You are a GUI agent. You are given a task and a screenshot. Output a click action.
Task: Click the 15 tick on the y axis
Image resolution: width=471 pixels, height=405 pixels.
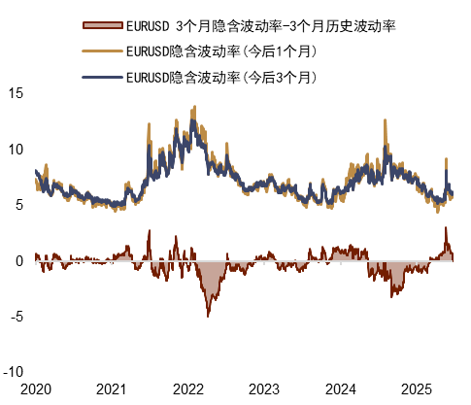click(15, 93)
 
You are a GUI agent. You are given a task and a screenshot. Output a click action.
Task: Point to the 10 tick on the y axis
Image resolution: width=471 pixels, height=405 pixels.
click(15, 149)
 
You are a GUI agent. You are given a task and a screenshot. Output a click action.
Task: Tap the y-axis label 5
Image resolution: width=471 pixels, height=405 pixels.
click(18, 205)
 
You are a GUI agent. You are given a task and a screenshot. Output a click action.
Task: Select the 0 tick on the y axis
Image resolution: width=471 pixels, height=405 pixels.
click(18, 260)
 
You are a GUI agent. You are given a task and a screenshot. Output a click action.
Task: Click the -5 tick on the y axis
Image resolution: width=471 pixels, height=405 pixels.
click(16, 316)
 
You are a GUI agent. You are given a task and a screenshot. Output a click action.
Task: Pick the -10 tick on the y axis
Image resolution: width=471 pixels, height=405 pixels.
click(13, 372)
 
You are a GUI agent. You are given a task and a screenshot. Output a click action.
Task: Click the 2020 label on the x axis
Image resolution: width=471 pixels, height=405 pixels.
click(35, 389)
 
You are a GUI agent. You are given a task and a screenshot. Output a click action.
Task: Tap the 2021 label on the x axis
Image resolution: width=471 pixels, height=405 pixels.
click(112, 389)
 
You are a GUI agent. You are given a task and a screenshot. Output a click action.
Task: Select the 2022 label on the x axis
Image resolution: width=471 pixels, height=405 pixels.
click(188, 389)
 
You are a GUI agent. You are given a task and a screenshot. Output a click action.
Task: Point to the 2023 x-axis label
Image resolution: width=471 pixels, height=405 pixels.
click(264, 389)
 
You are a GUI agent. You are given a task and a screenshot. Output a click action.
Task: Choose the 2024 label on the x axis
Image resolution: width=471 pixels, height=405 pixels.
click(341, 389)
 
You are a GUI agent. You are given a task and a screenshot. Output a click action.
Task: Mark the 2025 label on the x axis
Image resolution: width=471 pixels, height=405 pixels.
click(418, 389)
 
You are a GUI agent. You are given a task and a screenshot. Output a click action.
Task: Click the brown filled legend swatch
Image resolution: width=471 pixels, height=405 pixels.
click(102, 24)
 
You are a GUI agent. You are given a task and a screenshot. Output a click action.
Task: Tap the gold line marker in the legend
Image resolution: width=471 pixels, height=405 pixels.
click(102, 50)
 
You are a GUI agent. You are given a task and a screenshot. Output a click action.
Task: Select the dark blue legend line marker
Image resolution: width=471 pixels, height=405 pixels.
click(102, 75)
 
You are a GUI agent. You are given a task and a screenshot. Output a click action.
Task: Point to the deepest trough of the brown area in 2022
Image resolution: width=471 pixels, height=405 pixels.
click(207, 316)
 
